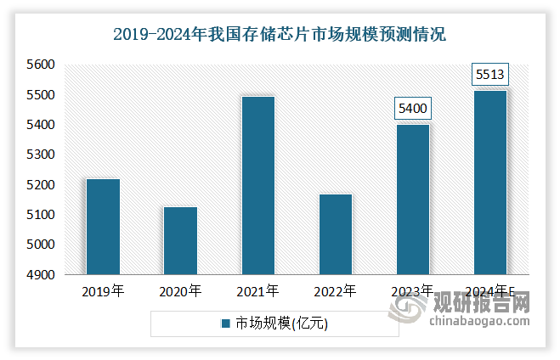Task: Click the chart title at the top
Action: (x=280, y=36)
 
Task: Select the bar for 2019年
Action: (x=103, y=227)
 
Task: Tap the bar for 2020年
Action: (x=180, y=240)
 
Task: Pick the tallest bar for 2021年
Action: (x=257, y=185)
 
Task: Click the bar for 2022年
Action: (x=335, y=234)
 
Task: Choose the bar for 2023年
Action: (x=412, y=200)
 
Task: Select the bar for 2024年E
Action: (x=489, y=183)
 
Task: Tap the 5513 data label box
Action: (x=489, y=75)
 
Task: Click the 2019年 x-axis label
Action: (x=103, y=291)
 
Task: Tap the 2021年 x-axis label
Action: (x=257, y=291)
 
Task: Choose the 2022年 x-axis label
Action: (x=335, y=291)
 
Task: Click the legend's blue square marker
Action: (x=226, y=323)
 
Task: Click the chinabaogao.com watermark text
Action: (x=479, y=322)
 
